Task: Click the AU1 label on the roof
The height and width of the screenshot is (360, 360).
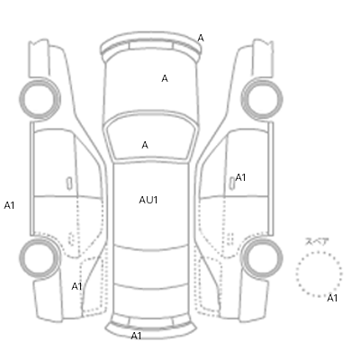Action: coord(148,200)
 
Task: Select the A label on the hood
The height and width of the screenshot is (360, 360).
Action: coord(165,78)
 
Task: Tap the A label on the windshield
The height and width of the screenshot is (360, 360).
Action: coord(145,145)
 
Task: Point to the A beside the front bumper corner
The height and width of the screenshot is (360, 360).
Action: coord(201,38)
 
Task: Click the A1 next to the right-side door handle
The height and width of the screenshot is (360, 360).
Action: coord(240,177)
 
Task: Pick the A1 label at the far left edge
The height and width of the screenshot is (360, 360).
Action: coord(9,205)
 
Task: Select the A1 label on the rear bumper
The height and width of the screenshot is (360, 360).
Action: coord(136,336)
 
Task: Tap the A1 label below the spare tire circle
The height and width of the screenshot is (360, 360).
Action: coord(332,298)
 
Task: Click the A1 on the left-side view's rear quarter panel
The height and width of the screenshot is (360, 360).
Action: coord(76,287)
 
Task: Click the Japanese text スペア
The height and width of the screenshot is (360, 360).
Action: coord(317,241)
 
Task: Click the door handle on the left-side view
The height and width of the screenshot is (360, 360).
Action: coord(69,184)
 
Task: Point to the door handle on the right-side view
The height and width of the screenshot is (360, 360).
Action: coord(232,184)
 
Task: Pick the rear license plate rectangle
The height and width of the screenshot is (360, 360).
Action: coord(151,322)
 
